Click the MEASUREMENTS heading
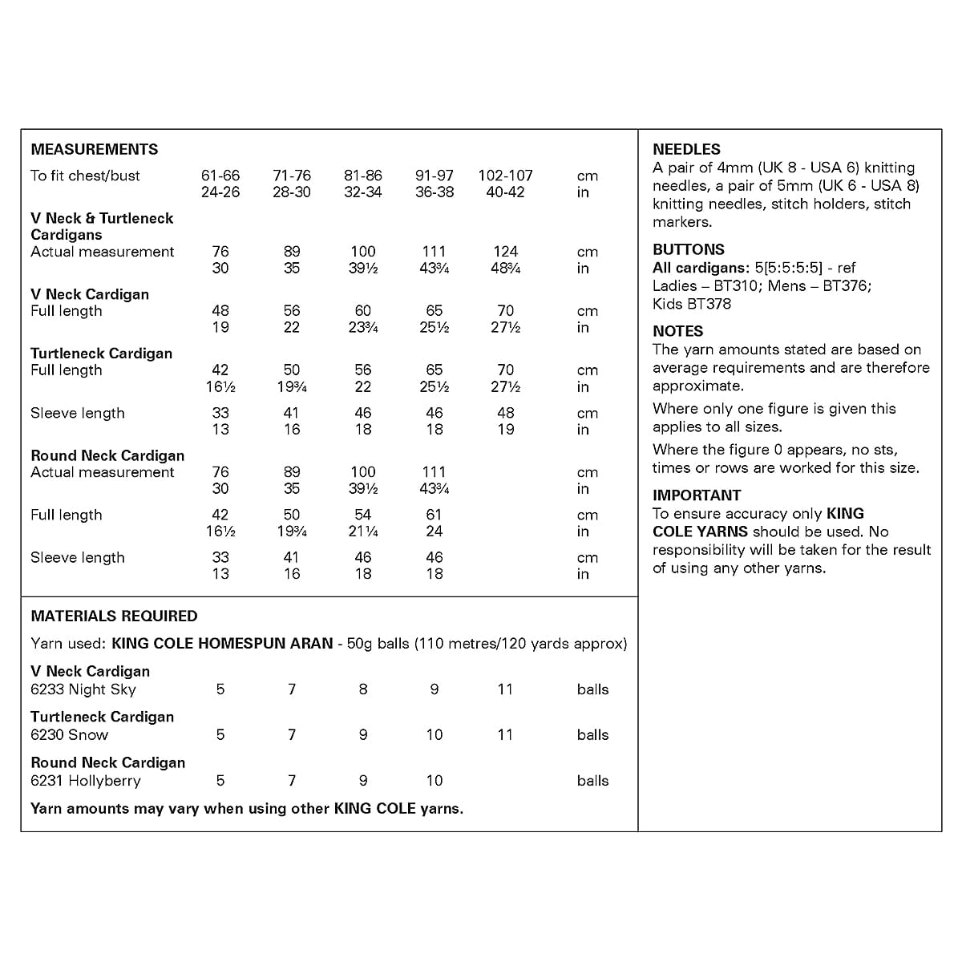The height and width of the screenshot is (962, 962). (x=94, y=149)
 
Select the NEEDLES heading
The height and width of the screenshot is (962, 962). (x=686, y=149)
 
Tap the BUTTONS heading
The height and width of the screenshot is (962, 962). (x=688, y=249)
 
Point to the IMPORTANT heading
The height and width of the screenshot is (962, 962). (x=696, y=495)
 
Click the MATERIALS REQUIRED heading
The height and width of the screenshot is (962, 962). (x=114, y=616)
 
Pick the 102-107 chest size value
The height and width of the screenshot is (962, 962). (x=505, y=176)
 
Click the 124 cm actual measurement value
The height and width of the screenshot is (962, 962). (x=505, y=252)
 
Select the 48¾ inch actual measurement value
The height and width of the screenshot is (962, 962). (x=505, y=269)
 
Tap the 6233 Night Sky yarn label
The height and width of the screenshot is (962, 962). (x=83, y=689)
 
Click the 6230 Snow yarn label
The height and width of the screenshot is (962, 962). (x=69, y=735)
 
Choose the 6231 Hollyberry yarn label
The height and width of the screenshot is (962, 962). (x=85, y=781)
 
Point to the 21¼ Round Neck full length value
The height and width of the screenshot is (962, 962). (x=363, y=532)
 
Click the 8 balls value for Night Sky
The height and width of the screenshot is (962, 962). (x=363, y=689)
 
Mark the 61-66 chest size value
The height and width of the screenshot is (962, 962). (x=220, y=176)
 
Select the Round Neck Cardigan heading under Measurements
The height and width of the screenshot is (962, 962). (x=107, y=455)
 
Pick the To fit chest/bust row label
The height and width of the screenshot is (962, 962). (x=85, y=176)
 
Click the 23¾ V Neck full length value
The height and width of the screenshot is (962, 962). (x=363, y=327)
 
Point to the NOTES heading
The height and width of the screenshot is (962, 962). (x=677, y=331)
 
